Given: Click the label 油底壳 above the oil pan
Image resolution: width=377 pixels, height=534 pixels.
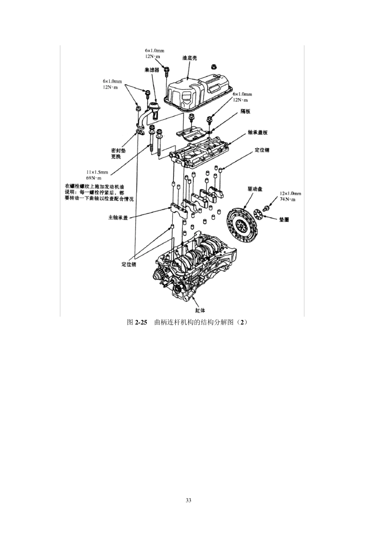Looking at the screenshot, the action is pos(190,58).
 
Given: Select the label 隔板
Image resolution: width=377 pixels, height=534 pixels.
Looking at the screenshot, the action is pos(246,111).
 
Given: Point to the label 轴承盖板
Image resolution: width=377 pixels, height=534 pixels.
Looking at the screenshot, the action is pos(258,132).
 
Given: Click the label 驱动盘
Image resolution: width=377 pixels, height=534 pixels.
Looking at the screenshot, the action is pos(255,189).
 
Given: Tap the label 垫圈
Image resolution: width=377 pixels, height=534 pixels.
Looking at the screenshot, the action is pos(284,219).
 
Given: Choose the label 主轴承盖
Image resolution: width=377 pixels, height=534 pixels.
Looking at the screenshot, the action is pos(118,217).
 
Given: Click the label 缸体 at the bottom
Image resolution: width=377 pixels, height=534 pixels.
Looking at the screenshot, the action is pos(200,310).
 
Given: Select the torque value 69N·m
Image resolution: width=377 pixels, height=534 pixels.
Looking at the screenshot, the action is pos(94,178).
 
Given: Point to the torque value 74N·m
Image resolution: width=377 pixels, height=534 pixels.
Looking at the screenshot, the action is pos(287,199).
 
